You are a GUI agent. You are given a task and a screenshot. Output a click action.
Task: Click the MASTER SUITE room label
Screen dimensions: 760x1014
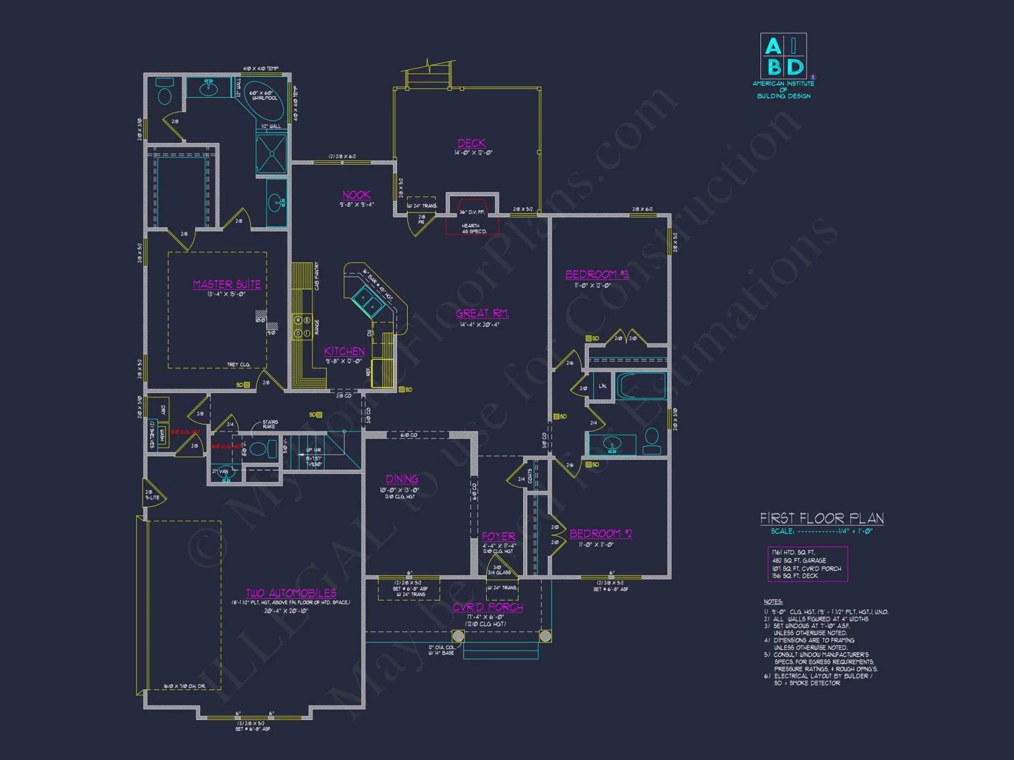coord(227,284)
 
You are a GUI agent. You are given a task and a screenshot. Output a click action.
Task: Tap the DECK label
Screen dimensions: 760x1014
coord(472,143)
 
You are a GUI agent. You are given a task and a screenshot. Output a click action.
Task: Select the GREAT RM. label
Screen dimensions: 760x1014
coord(482,314)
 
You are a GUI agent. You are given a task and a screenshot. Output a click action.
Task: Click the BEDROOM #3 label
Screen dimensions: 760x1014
coord(597,275)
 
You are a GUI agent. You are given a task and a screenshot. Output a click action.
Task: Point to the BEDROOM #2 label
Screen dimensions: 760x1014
coord(601,534)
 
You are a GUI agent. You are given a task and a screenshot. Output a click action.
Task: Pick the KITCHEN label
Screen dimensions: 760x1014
coord(344,351)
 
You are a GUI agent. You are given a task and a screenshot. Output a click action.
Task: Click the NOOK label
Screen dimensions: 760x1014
coord(356,195)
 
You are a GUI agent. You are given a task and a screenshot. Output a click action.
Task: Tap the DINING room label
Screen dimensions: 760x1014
coord(402,479)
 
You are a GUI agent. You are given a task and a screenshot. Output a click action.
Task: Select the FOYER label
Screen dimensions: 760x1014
coord(498,536)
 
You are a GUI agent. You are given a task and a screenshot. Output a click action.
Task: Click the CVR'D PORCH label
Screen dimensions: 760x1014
coord(487,607)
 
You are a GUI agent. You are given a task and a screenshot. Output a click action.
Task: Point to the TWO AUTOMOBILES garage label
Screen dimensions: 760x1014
coord(291,593)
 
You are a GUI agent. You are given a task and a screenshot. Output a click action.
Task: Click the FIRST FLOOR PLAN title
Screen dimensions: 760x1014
coord(822,518)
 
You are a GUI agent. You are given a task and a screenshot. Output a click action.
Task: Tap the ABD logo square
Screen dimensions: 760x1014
coord(783,56)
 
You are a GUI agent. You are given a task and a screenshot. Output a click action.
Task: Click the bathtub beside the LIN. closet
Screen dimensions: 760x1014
coord(640,387)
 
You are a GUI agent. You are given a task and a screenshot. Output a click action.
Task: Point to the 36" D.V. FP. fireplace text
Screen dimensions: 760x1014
coord(472,212)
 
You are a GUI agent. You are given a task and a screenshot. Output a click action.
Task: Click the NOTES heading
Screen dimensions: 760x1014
coord(773,602)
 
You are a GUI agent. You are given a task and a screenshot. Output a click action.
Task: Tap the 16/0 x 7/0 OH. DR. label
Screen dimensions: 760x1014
coord(185,687)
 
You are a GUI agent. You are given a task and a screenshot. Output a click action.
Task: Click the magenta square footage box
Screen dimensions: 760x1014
coord(807,564)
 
